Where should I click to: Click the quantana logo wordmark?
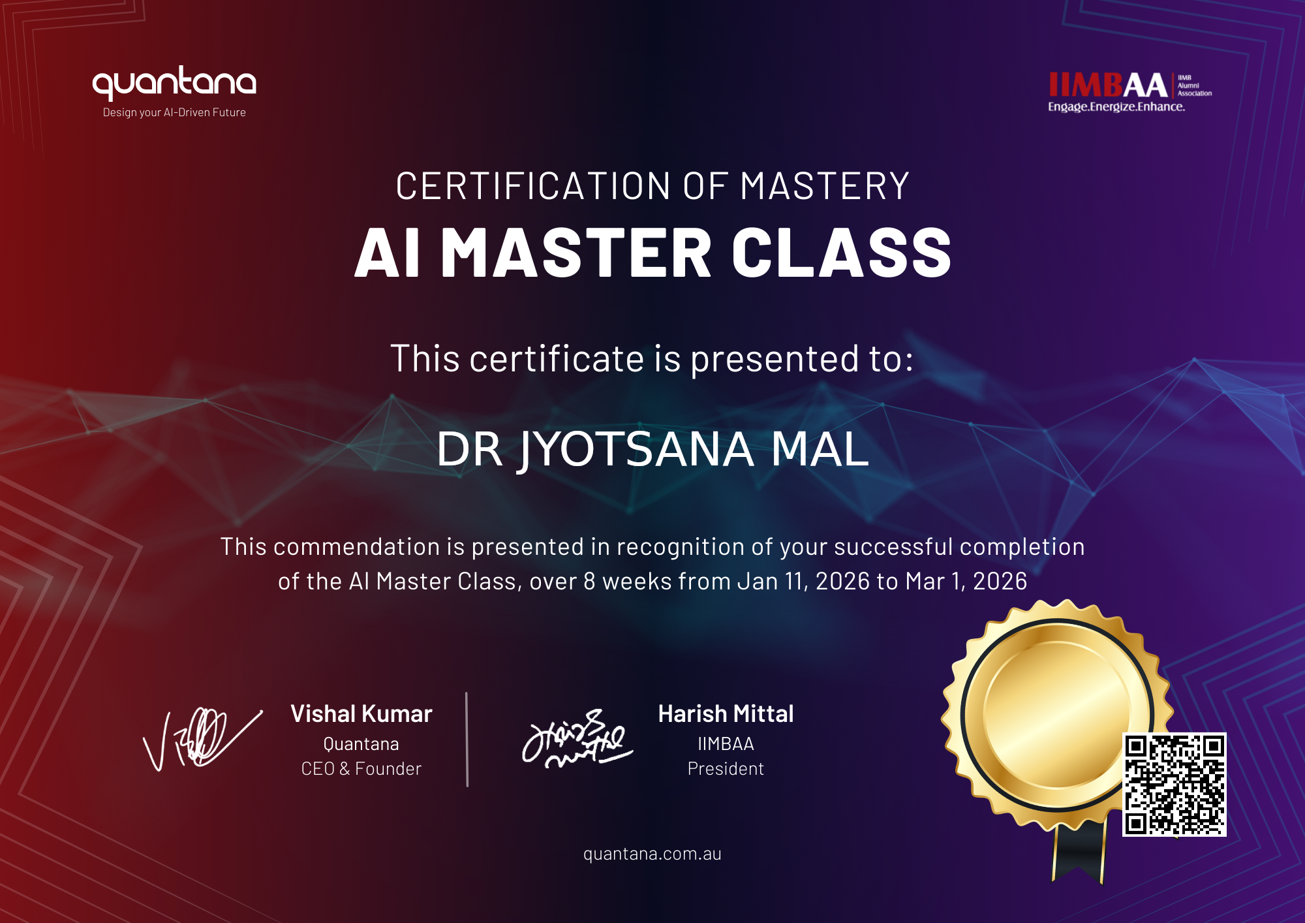pyautogui.click(x=174, y=83)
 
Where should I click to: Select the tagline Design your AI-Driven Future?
pyautogui.click(x=174, y=112)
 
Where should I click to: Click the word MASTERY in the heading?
pyautogui.click(x=825, y=186)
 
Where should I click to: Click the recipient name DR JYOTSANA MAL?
pyautogui.click(x=652, y=449)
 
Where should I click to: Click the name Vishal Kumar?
pyautogui.click(x=361, y=714)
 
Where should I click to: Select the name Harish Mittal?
pyautogui.click(x=726, y=714)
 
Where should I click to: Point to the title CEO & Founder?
pyautogui.click(x=361, y=769)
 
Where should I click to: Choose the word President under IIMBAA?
pyautogui.click(x=726, y=769)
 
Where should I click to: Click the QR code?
pyautogui.click(x=1174, y=784)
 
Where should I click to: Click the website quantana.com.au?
pyautogui.click(x=652, y=854)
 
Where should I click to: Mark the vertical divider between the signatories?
pyautogui.click(x=467, y=740)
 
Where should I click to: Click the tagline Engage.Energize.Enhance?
pyautogui.click(x=1116, y=107)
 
